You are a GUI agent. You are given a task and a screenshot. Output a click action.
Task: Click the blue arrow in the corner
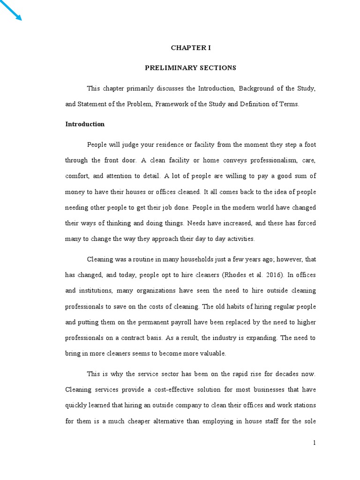click(x=11, y=11)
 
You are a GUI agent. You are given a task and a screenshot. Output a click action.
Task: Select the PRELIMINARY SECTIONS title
click(x=190, y=68)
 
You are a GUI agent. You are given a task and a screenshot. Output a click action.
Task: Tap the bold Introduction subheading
click(x=85, y=124)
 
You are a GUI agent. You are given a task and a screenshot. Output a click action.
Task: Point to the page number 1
click(x=315, y=442)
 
